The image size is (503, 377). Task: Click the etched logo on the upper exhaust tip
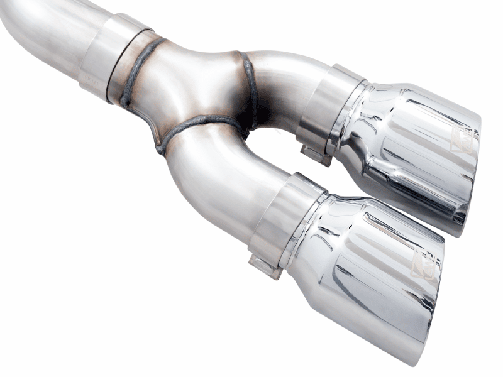[462, 139]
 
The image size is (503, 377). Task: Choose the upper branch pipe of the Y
[283, 82]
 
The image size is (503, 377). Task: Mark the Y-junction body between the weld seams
[189, 88]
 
